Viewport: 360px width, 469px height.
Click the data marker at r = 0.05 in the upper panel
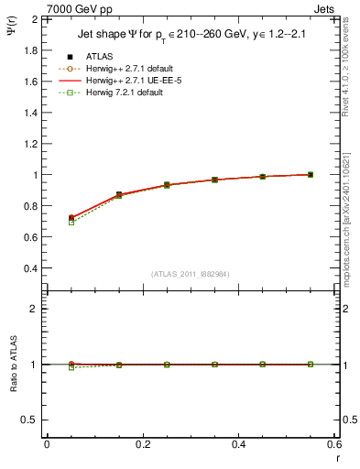pos(71,218)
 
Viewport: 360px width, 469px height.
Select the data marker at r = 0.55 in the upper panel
pos(311,174)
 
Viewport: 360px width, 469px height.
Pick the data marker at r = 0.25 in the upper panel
pos(167,185)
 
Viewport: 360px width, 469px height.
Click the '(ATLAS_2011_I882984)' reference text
pos(191,274)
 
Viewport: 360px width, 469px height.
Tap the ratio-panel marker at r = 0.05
pos(71,365)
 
